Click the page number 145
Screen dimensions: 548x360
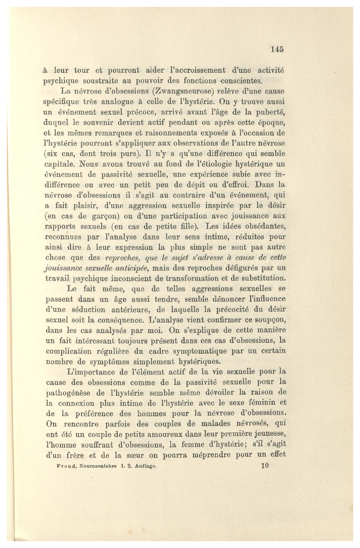click(277, 49)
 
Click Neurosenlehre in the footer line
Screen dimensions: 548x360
click(98, 466)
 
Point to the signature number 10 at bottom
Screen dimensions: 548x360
click(265, 465)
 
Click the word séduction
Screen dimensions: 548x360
click(88, 310)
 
